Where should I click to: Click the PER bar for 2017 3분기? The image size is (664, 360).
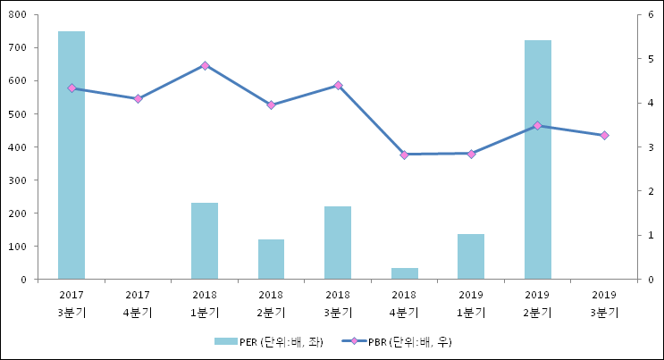(x=71, y=155)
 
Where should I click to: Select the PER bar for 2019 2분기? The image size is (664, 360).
(x=538, y=160)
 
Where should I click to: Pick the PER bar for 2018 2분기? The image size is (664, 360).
(x=271, y=259)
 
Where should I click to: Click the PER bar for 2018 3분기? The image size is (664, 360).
(x=338, y=243)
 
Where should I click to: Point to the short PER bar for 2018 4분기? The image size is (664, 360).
(x=404, y=273)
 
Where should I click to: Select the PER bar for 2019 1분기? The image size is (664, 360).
(x=471, y=256)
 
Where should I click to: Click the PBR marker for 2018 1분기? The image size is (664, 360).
(x=205, y=65)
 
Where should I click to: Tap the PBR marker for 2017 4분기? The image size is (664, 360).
(x=138, y=99)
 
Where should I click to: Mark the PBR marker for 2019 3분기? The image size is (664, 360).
(x=604, y=136)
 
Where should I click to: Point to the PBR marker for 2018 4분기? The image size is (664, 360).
(x=404, y=155)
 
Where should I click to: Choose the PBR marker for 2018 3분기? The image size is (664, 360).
(x=338, y=86)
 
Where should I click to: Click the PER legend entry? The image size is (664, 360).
(x=267, y=341)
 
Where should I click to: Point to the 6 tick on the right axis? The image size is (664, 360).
(x=652, y=15)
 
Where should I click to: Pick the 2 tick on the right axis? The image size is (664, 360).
(x=652, y=191)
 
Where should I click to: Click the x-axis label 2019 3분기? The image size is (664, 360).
(x=604, y=304)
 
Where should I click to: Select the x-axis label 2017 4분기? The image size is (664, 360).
(x=138, y=304)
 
